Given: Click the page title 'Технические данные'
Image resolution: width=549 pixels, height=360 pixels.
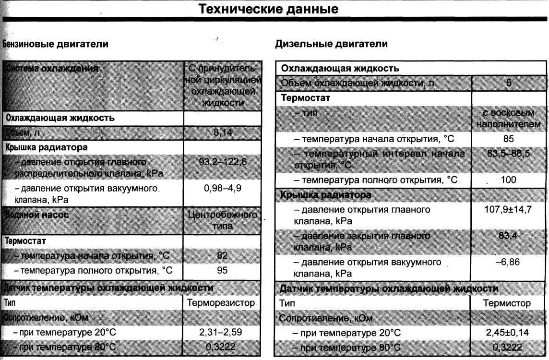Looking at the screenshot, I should (x=268, y=9).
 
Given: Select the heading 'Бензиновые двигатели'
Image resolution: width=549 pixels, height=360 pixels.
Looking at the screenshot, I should (x=56, y=44).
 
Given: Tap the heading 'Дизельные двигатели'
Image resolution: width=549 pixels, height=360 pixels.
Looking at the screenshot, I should (x=331, y=44).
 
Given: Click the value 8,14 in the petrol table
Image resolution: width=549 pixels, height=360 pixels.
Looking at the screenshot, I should (x=222, y=132).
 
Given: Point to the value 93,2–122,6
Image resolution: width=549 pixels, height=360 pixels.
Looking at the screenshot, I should (x=223, y=162).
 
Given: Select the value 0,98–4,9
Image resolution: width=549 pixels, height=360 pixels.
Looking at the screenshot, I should (x=223, y=188).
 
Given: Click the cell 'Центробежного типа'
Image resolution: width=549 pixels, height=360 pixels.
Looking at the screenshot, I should (x=223, y=220).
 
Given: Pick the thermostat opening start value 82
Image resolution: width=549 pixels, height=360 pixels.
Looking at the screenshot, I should (x=222, y=256).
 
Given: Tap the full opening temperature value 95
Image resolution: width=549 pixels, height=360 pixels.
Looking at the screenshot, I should (x=222, y=270).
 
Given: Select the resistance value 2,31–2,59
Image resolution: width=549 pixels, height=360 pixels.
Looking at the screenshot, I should (x=223, y=332).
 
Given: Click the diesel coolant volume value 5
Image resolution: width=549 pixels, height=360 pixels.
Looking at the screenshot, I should (x=509, y=83).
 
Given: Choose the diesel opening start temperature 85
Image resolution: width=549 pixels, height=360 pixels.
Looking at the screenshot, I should (x=509, y=139).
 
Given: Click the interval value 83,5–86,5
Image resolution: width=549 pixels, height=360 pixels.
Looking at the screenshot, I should (x=509, y=154).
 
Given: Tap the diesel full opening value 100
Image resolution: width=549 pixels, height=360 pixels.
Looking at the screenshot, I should (x=508, y=180).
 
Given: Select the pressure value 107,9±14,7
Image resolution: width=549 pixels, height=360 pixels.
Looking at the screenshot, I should (x=509, y=209).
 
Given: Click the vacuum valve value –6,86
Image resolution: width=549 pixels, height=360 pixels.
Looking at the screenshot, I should (x=509, y=263).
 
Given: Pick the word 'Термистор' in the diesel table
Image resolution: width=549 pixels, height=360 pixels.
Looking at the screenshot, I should (x=507, y=303).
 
